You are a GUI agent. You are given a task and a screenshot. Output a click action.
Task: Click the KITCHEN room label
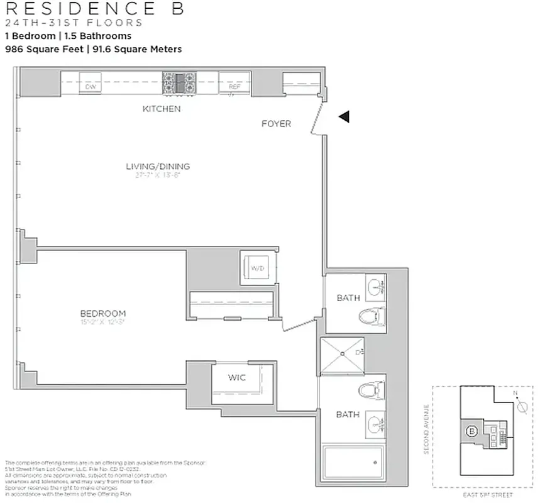coord(162,109)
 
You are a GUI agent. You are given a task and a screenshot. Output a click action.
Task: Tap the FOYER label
coord(276,124)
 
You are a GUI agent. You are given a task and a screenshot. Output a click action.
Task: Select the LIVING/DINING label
coord(158,167)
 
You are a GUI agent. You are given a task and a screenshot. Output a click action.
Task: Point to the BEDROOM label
coord(102,313)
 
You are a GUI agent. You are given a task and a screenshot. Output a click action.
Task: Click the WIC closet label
coord(236,377)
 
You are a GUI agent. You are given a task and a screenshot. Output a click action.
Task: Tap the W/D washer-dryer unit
coord(258,268)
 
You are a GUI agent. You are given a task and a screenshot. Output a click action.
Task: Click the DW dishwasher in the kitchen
coord(91,86)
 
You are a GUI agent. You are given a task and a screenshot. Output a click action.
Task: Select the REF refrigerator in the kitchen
coord(234,86)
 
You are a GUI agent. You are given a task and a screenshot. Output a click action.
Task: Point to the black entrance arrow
coord(343,116)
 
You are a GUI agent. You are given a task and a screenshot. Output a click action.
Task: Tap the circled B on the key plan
coord(471,432)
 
